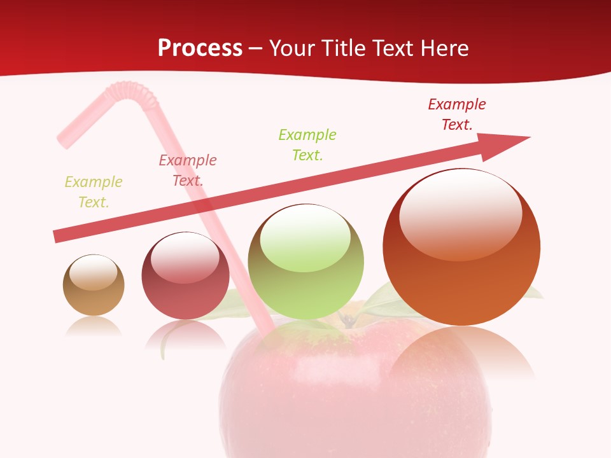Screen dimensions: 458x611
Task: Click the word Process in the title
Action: pyautogui.click(x=200, y=48)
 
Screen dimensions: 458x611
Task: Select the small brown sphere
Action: pyautogui.click(x=94, y=286)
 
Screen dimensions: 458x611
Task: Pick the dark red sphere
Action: pyautogui.click(x=185, y=276)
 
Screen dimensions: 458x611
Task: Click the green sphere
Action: pyautogui.click(x=305, y=262)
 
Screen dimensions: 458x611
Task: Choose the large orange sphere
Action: pyautogui.click(x=461, y=247)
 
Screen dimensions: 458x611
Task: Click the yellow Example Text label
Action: pyautogui.click(x=94, y=192)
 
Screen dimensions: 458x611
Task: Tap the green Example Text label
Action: pyautogui.click(x=307, y=145)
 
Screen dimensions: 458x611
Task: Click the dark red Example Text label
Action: pyautogui.click(x=457, y=114)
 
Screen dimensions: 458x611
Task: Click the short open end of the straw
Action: pyautogui.click(x=64, y=141)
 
